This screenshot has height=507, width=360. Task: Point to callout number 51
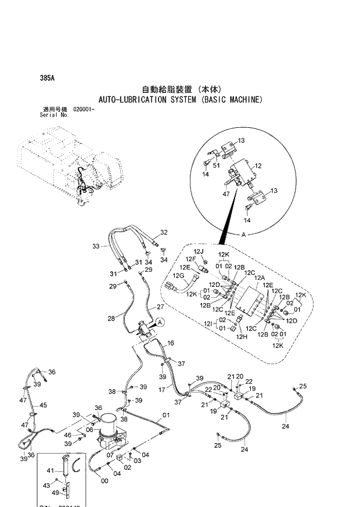tap(217, 166)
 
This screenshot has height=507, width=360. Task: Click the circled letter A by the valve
tap(159, 322)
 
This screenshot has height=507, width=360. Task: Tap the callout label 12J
tap(199, 251)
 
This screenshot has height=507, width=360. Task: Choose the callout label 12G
tap(178, 275)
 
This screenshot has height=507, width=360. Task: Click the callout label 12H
tap(242, 337)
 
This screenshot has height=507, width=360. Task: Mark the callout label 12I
tap(208, 324)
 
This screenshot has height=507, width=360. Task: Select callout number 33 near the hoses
tap(96, 246)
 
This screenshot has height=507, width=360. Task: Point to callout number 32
tap(164, 232)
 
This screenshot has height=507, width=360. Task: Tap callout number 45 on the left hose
tap(43, 405)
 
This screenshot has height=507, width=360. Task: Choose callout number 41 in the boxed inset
tap(50, 470)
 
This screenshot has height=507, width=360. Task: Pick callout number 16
tap(171, 343)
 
